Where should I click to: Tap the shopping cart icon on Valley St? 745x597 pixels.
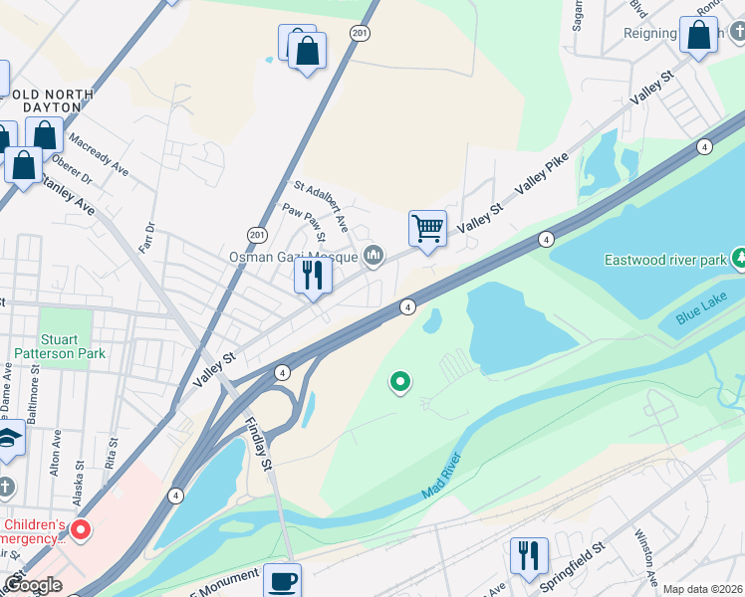[x=427, y=229]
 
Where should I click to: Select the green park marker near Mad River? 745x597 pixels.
[x=400, y=380]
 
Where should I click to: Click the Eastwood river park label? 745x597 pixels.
[x=666, y=260]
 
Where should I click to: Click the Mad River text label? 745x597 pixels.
[x=441, y=475]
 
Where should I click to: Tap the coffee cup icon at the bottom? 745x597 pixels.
[x=282, y=580]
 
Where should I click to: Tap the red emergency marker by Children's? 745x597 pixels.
[x=80, y=530]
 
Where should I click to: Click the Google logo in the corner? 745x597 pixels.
[x=33, y=585]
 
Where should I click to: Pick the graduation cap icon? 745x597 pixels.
[x=8, y=440]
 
